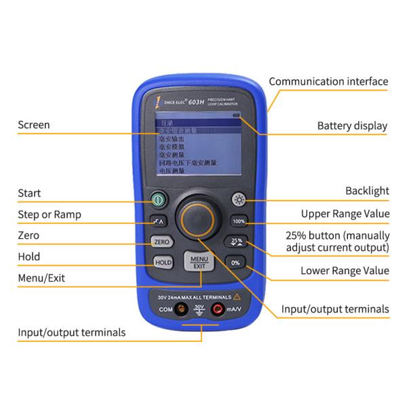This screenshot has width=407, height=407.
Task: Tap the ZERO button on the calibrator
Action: pyautogui.click(x=161, y=241)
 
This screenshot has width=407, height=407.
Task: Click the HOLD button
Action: pyautogui.click(x=162, y=262)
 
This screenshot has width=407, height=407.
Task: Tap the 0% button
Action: pyautogui.click(x=235, y=262)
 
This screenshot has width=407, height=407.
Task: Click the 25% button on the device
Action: pyautogui.click(x=237, y=241)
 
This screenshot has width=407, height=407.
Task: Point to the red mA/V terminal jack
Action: pyautogui.click(x=218, y=309)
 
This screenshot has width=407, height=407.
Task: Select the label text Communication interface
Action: pyautogui.click(x=328, y=81)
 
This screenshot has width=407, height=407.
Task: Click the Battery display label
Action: pyautogui.click(x=352, y=125)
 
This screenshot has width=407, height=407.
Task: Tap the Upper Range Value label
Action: pyautogui.click(x=345, y=214)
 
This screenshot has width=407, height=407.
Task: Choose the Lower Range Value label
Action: pyautogui.click(x=345, y=271)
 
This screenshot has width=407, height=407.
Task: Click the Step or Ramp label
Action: pyautogui.click(x=50, y=214)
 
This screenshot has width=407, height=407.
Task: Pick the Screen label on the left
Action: pyautogui.click(x=33, y=125)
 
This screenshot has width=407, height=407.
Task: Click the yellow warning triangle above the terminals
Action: pyautogui.click(x=237, y=296)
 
